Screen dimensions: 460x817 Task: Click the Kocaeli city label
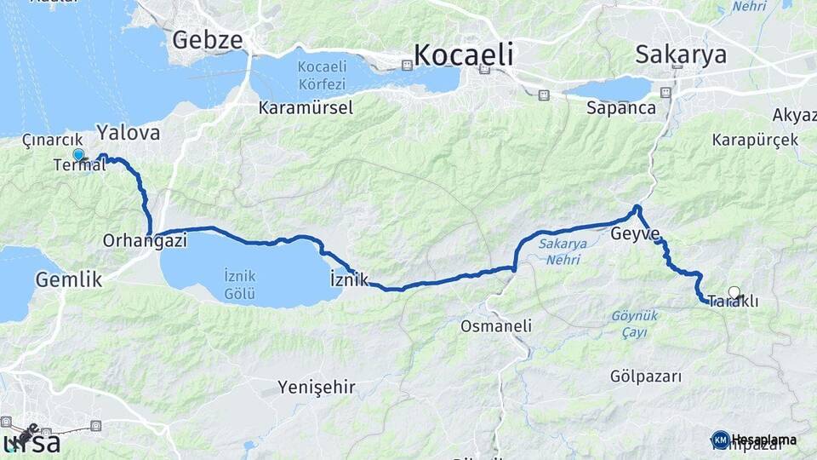(464, 55)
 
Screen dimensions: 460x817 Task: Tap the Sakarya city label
(681, 55)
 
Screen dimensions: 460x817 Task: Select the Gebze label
(208, 40)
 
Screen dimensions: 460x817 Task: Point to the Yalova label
(128, 132)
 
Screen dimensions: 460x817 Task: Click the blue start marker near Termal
(78, 155)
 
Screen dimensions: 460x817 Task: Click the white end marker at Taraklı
(734, 292)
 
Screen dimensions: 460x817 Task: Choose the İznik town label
(348, 279)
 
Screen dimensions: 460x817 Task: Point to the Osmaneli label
(495, 325)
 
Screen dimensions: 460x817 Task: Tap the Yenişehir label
(316, 388)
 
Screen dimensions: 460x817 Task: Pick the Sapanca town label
(620, 108)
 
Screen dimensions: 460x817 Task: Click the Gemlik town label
(69, 279)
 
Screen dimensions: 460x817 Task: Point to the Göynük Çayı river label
(634, 321)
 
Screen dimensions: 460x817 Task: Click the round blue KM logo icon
(720, 440)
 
